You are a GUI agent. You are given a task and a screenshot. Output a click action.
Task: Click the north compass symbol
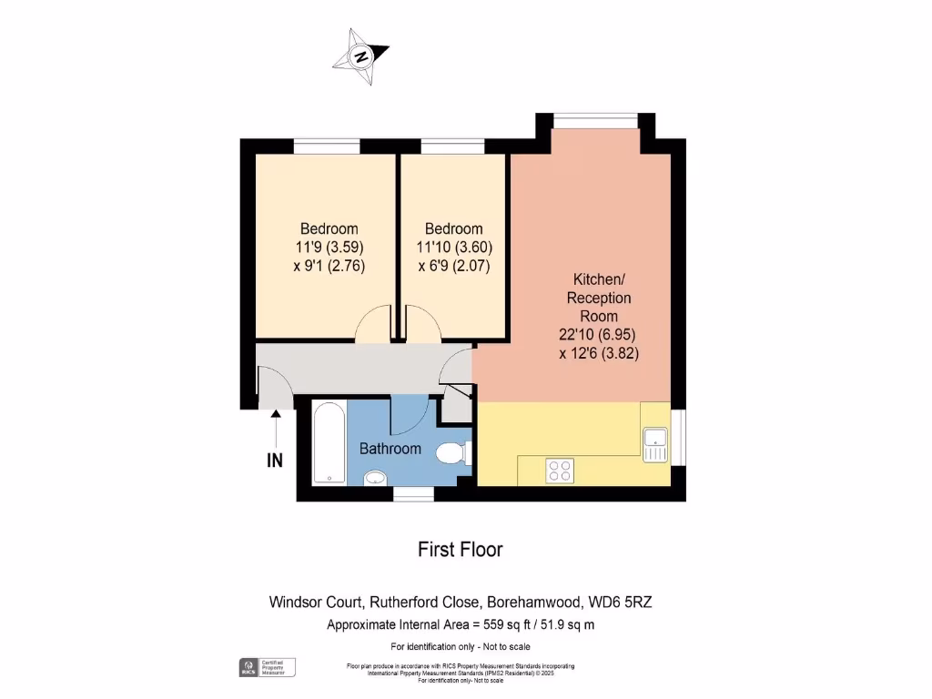(361, 57)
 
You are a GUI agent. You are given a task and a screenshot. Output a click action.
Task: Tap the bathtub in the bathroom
(329, 445)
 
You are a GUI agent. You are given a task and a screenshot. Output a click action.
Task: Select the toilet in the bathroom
(452, 452)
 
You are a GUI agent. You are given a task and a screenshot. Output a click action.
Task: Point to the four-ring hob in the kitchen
(559, 470)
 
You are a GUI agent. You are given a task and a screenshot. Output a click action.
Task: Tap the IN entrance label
(275, 461)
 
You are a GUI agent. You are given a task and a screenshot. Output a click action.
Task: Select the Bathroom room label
(390, 449)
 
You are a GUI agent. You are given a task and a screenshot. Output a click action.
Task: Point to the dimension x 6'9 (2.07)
(454, 266)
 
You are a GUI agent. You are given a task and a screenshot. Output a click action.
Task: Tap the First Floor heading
(460, 549)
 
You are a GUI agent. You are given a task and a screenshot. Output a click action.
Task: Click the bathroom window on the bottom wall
(413, 494)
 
